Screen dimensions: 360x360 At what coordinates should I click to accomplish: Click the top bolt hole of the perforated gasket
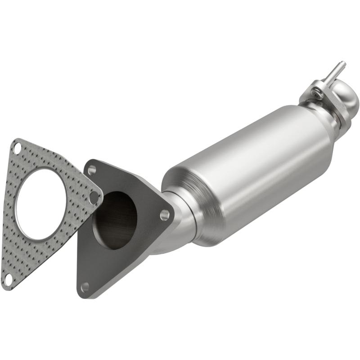point(17,147)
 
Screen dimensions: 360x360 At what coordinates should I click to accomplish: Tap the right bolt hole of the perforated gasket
point(94,197)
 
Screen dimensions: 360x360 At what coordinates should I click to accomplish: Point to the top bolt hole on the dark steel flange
point(92,170)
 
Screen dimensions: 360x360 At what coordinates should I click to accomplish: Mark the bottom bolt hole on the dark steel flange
point(85,286)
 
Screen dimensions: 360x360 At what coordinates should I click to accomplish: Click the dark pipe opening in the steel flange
point(115,220)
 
